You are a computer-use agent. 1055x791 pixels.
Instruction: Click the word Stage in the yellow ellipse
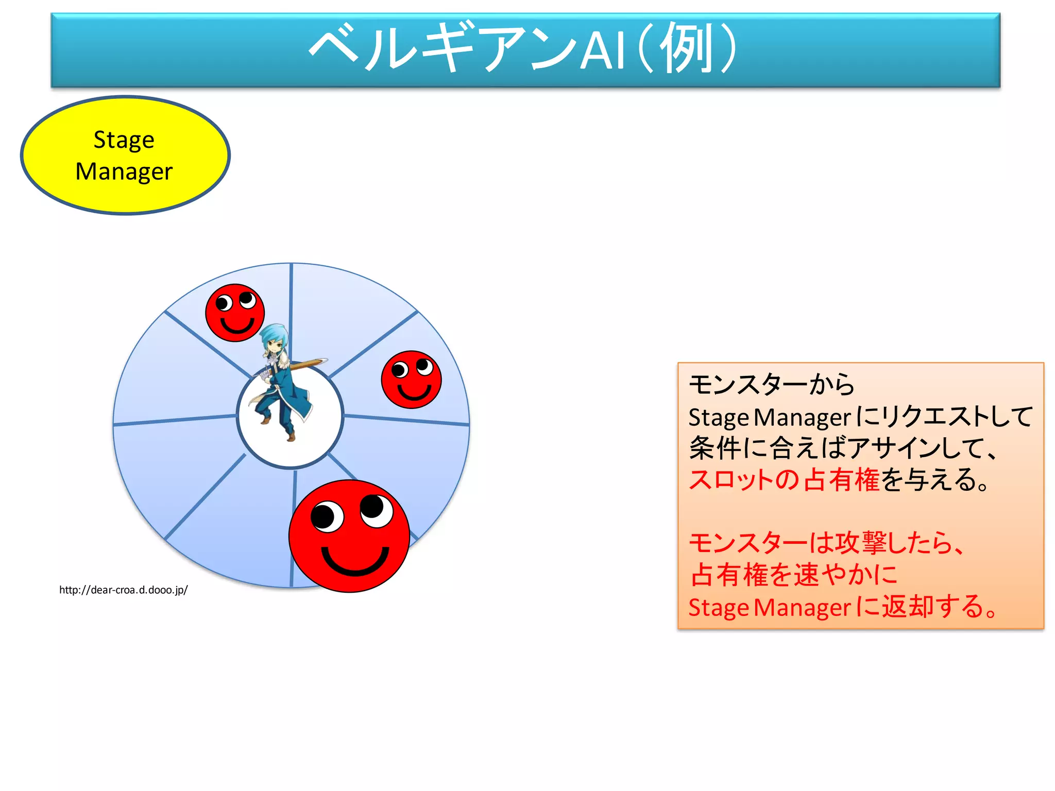pos(124,140)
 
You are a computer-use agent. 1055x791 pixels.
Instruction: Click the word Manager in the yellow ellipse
pos(124,171)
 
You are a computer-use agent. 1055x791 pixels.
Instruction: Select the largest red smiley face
pos(349,536)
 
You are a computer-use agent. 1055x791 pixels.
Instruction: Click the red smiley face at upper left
pos(235,313)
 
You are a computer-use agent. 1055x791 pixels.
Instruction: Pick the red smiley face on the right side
pos(411,380)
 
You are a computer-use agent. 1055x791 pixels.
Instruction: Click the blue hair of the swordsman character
pos(273,335)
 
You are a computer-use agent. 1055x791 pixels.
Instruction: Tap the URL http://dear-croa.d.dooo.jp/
pos(124,590)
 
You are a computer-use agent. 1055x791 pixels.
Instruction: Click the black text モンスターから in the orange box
pos(771,385)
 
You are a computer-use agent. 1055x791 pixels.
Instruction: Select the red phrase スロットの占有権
pos(784,480)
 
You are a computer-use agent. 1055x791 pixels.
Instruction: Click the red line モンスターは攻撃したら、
pos(827,543)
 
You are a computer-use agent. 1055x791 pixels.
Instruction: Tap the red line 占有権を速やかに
pos(794,575)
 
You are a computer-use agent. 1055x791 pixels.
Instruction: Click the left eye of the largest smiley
pos(327,517)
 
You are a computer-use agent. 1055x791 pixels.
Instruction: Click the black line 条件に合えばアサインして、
pos(845,448)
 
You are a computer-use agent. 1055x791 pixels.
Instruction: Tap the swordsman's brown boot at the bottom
pos(291,437)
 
